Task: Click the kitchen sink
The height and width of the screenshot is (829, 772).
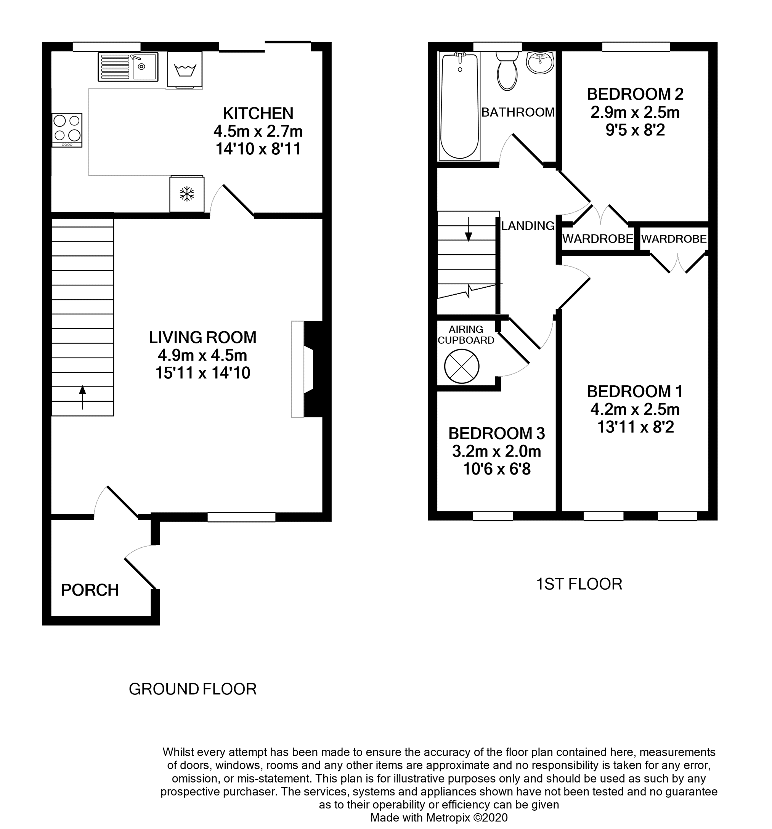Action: point(128,67)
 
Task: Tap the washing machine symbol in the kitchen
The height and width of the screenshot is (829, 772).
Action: point(185,70)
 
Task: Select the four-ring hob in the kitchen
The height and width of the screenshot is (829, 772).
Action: point(67,130)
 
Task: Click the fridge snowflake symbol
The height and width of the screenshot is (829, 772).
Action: point(187,194)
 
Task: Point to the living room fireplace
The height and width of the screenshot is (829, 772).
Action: point(307,369)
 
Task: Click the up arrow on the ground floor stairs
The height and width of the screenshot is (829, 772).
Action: point(83,398)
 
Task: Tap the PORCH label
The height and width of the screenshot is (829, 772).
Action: point(90,590)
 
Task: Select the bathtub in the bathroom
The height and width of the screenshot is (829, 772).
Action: point(459,106)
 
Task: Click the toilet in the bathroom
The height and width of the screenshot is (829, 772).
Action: point(507,71)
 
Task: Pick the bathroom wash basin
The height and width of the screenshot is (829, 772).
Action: point(540,63)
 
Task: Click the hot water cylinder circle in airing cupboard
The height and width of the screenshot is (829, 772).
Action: point(462,367)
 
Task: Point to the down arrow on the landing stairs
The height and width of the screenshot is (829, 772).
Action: point(469,229)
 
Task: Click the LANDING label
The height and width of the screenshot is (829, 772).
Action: point(528,226)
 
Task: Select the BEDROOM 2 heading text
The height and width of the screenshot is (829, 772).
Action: point(635,94)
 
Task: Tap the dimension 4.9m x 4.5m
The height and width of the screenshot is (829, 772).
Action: point(203,355)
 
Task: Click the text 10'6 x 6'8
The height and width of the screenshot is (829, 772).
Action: point(497,470)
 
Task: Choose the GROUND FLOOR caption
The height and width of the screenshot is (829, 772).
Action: point(193,689)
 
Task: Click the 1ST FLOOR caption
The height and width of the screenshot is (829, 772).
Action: point(579,584)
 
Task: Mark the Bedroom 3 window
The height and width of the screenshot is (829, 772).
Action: point(493,516)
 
